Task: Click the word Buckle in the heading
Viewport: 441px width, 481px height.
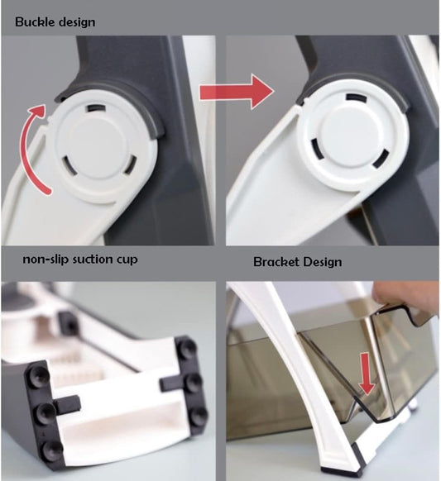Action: tap(35, 22)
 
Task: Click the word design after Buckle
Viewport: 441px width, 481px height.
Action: tap(77, 22)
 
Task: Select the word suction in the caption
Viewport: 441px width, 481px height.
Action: tap(93, 260)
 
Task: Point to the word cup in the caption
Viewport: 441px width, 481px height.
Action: tap(127, 260)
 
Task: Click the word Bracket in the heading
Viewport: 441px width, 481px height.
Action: tap(276, 262)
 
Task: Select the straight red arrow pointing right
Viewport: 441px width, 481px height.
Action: tap(236, 92)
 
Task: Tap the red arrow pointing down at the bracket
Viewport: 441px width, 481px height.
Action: tap(367, 374)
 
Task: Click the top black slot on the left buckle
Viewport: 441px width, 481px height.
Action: tap(96, 108)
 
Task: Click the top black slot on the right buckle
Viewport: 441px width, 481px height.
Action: tap(357, 98)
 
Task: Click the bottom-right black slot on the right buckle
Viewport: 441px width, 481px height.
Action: tap(380, 160)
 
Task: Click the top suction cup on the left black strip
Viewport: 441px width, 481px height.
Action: tap(40, 376)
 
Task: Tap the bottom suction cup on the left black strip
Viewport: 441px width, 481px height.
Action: tap(51, 451)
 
